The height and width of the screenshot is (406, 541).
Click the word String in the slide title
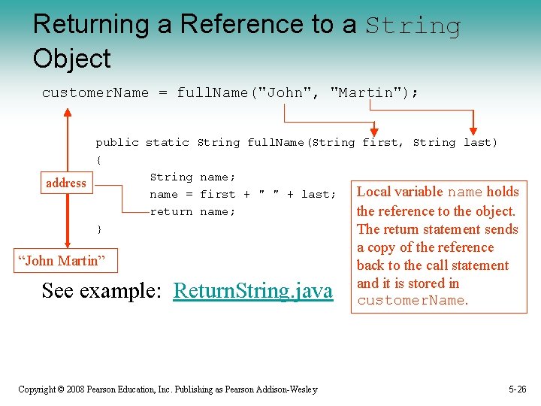click(x=413, y=26)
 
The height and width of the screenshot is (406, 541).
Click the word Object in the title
click(x=71, y=58)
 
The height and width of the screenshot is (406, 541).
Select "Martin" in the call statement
click(x=366, y=92)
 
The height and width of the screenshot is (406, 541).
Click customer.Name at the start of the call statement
click(x=95, y=92)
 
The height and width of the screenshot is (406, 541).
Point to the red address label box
click(x=66, y=183)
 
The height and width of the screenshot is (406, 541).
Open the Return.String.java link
click(x=252, y=290)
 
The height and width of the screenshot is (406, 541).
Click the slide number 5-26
click(x=517, y=389)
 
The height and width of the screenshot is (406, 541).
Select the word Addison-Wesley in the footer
click(x=287, y=389)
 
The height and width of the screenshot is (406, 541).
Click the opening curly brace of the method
click(x=98, y=159)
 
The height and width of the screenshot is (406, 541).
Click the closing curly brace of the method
click(x=98, y=229)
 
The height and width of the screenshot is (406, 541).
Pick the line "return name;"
click(x=192, y=211)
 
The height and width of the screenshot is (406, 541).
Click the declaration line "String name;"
click(x=192, y=177)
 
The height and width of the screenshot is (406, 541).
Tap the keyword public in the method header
click(x=116, y=142)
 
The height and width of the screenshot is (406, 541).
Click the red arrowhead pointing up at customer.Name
click(x=68, y=114)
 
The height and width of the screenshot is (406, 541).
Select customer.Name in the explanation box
click(x=412, y=301)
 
